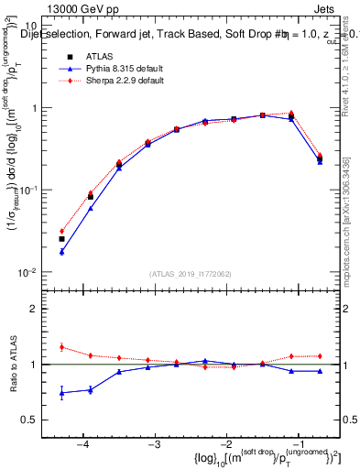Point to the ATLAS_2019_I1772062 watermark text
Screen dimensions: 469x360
[x=193, y=273]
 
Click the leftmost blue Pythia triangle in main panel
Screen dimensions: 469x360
[x=61, y=252]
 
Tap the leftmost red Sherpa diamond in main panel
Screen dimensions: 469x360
[x=61, y=231]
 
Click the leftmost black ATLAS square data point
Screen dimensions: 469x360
[x=61, y=239]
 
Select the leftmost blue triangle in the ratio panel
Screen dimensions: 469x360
[x=61, y=393]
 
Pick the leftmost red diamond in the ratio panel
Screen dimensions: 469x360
[x=61, y=347]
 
